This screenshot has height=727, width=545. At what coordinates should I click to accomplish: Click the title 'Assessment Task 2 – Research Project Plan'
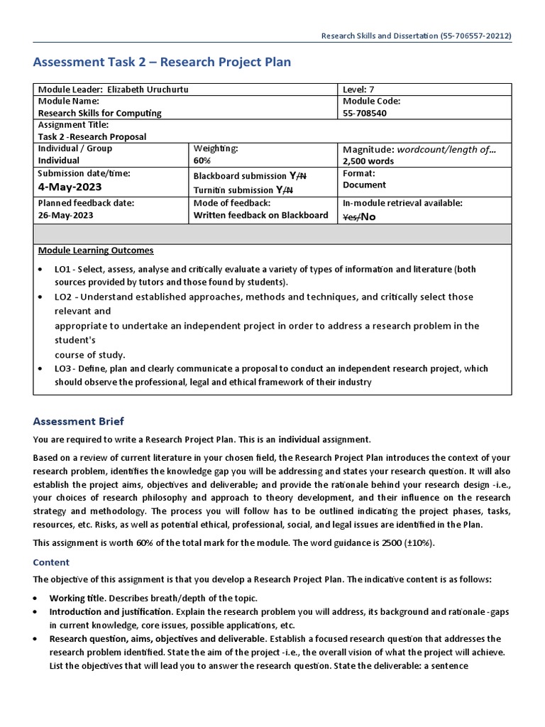pyautogui.click(x=162, y=62)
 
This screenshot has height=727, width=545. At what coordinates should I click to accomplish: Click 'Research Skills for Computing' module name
pyautogui.click(x=99, y=113)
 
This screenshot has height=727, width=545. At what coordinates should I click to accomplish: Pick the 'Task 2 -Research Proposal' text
pyautogui.click(x=92, y=137)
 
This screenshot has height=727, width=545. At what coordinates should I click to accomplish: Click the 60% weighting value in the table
pyautogui.click(x=203, y=160)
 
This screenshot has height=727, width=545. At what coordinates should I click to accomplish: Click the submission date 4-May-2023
pyautogui.click(x=70, y=187)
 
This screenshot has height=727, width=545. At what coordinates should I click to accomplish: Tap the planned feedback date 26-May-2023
pyautogui.click(x=66, y=215)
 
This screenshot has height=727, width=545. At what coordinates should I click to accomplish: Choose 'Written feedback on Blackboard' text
pyautogui.click(x=260, y=215)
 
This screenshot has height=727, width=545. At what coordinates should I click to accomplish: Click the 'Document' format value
pyautogui.click(x=364, y=185)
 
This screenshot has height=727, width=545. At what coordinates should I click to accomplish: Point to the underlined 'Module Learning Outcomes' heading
pyautogui.click(x=95, y=251)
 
